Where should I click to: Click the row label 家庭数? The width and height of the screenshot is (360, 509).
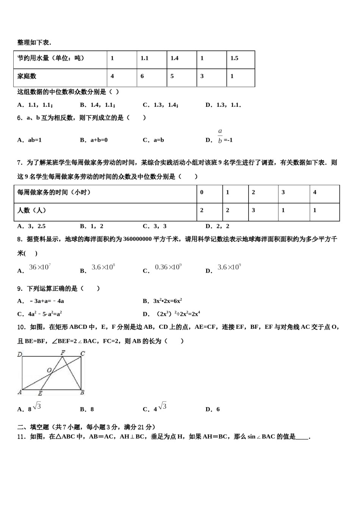[27, 76]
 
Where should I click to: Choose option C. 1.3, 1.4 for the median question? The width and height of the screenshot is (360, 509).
[160, 105]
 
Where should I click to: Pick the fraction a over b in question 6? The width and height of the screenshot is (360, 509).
[220, 136]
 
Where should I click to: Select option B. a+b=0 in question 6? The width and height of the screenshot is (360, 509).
[94, 140]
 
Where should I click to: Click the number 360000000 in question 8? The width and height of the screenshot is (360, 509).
[137, 239]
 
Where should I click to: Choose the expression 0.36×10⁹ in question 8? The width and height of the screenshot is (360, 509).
[168, 267]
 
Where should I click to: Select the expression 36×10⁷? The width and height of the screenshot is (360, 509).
[40, 267]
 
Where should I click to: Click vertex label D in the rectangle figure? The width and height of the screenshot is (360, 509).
[20, 354]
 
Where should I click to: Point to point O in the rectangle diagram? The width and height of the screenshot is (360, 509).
[49, 370]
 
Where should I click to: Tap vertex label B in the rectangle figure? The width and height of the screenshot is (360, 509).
[82, 393]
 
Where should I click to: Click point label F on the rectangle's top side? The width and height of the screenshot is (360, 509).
[63, 353]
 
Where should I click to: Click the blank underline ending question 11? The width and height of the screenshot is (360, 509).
[302, 437]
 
